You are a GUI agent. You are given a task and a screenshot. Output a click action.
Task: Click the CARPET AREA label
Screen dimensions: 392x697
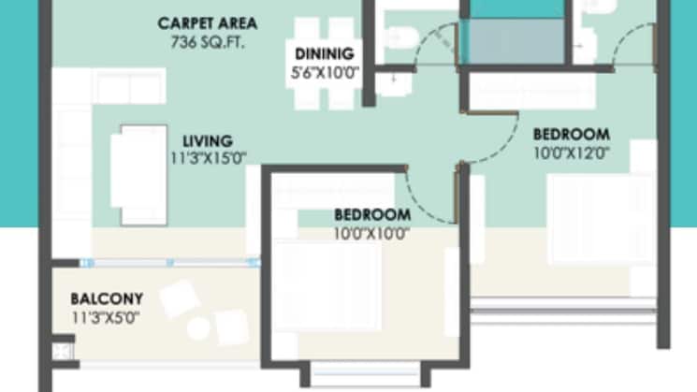click(x=207, y=22)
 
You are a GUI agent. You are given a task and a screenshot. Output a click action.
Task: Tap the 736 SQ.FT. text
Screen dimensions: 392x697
click(x=207, y=41)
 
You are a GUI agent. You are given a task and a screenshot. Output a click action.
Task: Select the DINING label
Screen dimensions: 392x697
click(x=322, y=52)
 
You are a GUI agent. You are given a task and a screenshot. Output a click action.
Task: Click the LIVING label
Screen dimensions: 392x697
click(x=208, y=141)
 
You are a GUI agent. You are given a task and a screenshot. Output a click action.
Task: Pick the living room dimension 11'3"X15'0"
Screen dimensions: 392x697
click(x=208, y=158)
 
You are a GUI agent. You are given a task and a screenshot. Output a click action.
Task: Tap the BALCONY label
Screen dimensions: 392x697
click(x=107, y=298)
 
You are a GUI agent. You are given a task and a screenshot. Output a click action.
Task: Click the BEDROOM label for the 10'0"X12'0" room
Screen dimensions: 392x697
click(x=571, y=134)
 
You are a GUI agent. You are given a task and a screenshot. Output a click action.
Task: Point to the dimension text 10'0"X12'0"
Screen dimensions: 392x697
click(x=571, y=152)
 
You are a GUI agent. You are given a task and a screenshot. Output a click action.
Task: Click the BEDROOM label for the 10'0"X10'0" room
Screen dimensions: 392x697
click(x=371, y=214)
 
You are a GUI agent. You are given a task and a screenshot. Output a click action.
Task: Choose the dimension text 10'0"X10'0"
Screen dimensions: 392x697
click(x=371, y=233)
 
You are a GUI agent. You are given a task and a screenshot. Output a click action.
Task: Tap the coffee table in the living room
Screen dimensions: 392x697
click(x=138, y=175)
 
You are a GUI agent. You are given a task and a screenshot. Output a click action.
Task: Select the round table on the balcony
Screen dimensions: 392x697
click(x=197, y=327)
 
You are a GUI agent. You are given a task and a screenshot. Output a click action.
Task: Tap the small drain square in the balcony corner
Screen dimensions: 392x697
click(x=63, y=353)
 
